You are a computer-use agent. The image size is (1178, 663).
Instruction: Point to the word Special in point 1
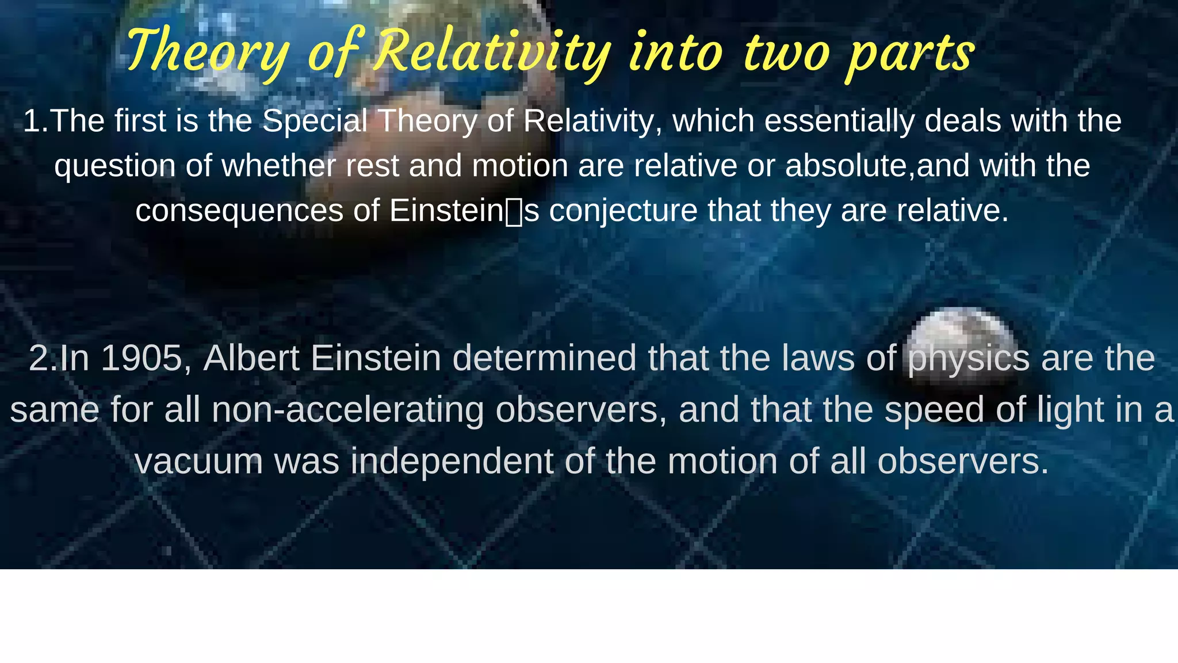(315, 121)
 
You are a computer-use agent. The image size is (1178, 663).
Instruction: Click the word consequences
(239, 211)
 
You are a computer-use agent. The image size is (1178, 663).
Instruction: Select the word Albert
(251, 358)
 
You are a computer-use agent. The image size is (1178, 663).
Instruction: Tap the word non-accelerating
(347, 410)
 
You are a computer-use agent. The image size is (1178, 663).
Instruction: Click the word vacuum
(198, 462)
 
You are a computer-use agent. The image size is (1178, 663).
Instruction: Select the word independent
(452, 462)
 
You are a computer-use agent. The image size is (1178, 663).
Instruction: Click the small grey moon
(961, 337)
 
